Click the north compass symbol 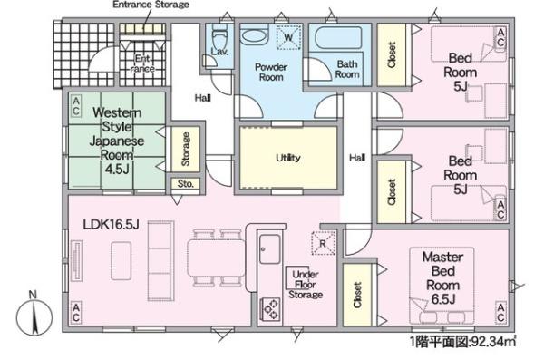(34, 317)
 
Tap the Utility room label (288, 158)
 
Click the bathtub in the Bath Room (338, 37)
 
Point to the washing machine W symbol (288, 37)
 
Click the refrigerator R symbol (323, 243)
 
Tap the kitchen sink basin (270, 248)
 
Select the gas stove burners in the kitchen (271, 309)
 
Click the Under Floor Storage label (306, 285)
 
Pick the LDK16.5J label (111, 224)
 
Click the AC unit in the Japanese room (76, 106)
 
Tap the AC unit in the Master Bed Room (500, 313)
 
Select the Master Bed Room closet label (358, 295)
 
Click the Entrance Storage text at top (151, 5)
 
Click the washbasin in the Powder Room (254, 35)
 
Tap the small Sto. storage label (186, 184)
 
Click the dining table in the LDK (216, 258)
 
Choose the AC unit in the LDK (76, 313)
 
